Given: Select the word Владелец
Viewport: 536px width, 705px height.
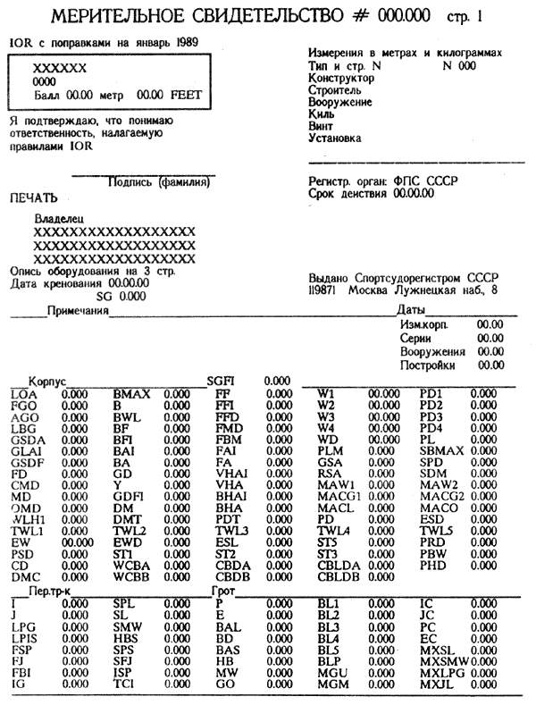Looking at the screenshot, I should point(58,218).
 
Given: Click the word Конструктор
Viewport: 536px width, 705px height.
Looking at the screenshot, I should point(341,79).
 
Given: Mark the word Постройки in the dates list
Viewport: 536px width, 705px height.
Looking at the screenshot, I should point(428,365).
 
